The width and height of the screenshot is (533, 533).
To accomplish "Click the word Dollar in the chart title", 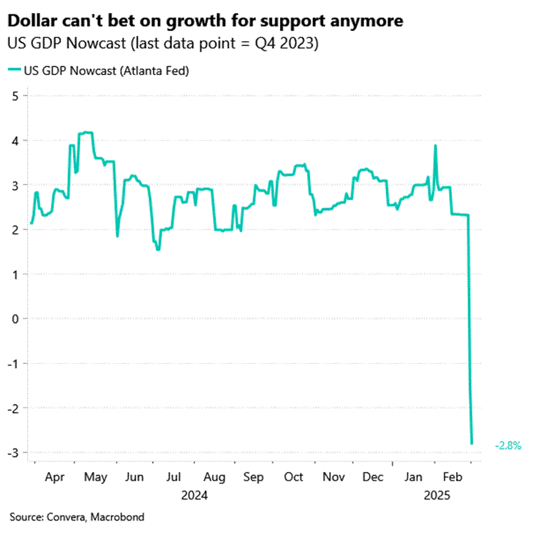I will click(x=29, y=22).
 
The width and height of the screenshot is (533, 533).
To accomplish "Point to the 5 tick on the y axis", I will click(x=15, y=96).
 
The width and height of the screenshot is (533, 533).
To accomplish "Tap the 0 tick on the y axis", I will click(x=15, y=319).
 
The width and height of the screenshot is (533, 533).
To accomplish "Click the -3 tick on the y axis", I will click(x=13, y=453).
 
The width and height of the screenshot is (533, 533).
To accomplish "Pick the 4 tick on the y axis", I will click(x=15, y=140).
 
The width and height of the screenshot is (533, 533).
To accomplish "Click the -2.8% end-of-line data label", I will click(x=508, y=446).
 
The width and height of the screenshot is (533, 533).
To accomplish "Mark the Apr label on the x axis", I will click(x=55, y=477).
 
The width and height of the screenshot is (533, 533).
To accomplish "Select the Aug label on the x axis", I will click(x=215, y=477).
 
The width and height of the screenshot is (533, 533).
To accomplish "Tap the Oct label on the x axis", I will click(x=294, y=477).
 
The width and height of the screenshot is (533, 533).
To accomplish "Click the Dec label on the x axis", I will click(x=373, y=477).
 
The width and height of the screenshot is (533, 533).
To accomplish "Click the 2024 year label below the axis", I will click(x=194, y=495).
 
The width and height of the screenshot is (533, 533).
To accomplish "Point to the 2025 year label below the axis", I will click(x=437, y=495).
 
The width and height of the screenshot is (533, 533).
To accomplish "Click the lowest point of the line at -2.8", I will click(x=472, y=444).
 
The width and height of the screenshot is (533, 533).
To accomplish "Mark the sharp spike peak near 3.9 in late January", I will click(x=435, y=146).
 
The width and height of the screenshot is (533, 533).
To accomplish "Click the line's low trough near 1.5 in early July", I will click(x=158, y=249).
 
